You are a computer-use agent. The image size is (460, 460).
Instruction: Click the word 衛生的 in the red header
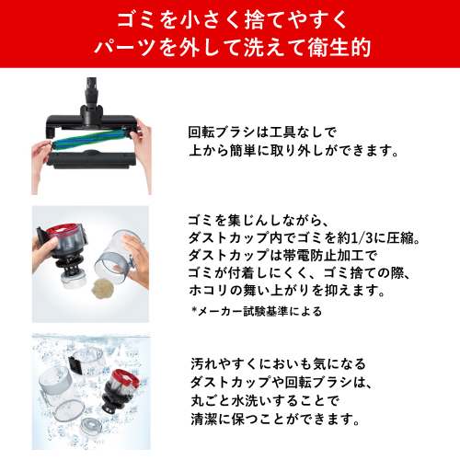coord(339,48)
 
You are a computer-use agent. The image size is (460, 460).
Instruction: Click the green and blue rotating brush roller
coord(91,140)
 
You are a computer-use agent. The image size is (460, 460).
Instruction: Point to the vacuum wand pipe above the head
coord(91,92)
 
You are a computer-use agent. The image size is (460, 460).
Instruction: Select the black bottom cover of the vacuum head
coord(91,159)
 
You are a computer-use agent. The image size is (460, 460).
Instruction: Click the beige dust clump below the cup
coord(104,289)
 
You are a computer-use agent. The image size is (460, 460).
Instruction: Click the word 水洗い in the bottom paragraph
coord(250,401)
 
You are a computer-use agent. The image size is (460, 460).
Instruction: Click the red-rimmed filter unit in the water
coord(121,391)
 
